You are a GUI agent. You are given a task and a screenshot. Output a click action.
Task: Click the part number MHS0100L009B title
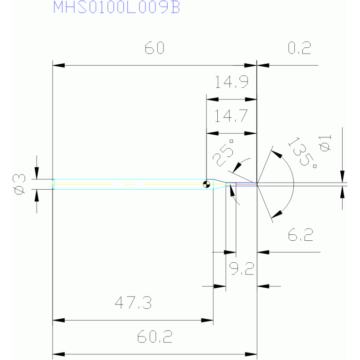tap(116, 7)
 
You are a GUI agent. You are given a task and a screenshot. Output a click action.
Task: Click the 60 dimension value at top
tap(154, 48)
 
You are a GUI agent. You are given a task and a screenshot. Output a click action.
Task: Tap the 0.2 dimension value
tap(299, 48)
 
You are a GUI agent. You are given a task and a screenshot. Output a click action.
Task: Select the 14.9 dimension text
tap(231, 82)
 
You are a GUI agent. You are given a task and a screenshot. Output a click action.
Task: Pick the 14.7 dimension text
tap(231, 116)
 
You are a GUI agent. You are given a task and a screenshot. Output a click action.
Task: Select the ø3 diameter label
tap(19, 184)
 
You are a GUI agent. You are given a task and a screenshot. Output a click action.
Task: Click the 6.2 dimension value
tap(300, 235)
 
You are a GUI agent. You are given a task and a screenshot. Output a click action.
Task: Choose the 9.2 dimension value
tap(242, 268)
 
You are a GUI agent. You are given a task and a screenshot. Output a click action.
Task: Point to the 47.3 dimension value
tap(133, 303)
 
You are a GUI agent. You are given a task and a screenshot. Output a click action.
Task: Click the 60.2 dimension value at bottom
tap(155, 337)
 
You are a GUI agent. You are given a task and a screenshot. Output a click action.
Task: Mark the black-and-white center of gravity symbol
tap(207, 184)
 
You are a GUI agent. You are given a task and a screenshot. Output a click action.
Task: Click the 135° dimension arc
tap(294, 184)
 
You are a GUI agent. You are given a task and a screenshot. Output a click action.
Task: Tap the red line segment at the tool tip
tap(246, 184)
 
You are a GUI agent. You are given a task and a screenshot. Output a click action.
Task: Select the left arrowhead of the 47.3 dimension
tap(59, 320)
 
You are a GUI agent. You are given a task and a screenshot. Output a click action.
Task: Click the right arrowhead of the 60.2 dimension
tap(251, 354)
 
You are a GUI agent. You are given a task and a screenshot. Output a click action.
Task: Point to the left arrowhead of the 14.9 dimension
tap(212, 99)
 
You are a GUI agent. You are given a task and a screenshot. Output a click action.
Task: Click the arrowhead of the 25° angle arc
tap(237, 168)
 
